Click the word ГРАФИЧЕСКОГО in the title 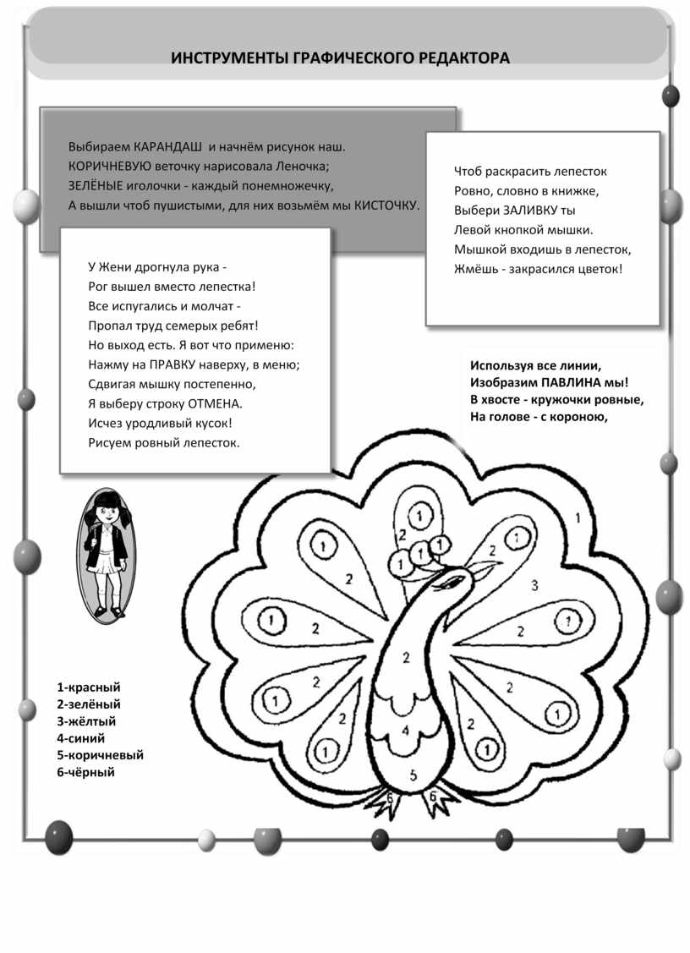pos(349,58)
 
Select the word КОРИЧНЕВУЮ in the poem pos(109,166)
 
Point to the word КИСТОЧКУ pos(386,205)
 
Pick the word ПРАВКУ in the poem pos(175,364)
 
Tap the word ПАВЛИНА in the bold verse pos(567,382)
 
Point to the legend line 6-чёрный pos(85,772)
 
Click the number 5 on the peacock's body pos(413,774)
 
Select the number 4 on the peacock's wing pos(406,730)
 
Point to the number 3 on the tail pos(534,585)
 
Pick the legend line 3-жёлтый pos(86,721)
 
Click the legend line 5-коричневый pos(101,755)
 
